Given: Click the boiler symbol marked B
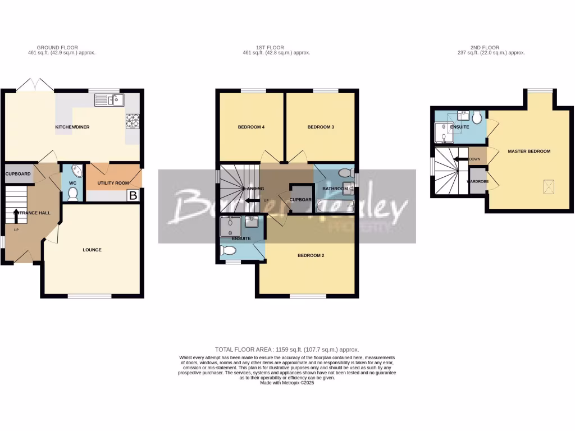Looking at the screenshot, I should (x=133, y=196).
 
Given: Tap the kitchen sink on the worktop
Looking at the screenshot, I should (x=109, y=100).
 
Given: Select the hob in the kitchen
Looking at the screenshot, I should (x=133, y=120).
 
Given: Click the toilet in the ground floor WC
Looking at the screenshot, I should (x=72, y=193).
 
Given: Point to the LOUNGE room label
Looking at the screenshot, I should (x=92, y=250).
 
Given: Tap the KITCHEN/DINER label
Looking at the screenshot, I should (x=72, y=127).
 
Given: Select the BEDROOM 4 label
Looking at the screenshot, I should (x=251, y=127).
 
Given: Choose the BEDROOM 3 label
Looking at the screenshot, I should (x=321, y=127).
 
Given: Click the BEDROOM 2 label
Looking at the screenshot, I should (x=311, y=255).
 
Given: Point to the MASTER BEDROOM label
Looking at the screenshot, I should (x=529, y=152).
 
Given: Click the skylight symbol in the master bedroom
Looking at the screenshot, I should (x=548, y=187).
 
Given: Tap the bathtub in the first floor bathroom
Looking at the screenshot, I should (x=335, y=206).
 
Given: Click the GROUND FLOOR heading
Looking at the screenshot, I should (x=57, y=48).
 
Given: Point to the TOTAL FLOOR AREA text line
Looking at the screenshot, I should (x=287, y=350).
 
